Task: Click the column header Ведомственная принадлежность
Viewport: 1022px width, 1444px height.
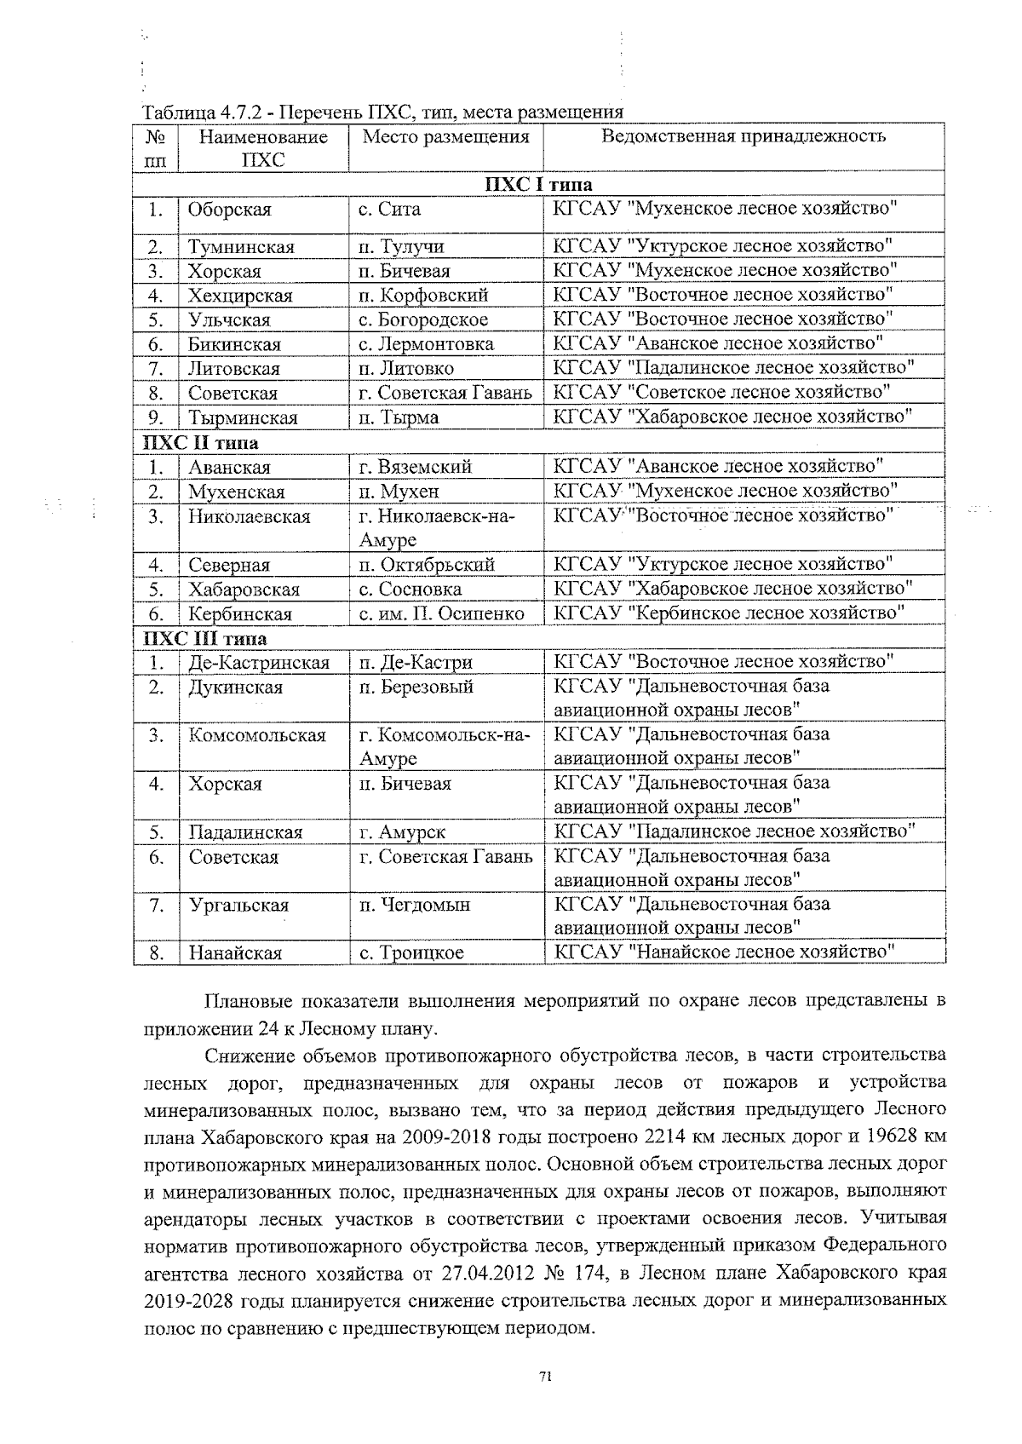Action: pos(744,136)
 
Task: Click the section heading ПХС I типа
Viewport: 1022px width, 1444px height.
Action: pos(538,185)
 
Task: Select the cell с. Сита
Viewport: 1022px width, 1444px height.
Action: pos(389,210)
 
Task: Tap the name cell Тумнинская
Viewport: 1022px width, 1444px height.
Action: pos(241,247)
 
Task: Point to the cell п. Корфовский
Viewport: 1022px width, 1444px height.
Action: pos(423,296)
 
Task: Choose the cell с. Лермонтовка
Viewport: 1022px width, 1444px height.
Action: pos(426,344)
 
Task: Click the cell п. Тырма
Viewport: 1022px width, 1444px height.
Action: pos(399,417)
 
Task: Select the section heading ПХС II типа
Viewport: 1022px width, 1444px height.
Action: pos(201,443)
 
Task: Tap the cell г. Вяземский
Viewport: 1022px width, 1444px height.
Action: pos(415,467)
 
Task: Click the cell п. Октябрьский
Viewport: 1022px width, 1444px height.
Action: pos(427,565)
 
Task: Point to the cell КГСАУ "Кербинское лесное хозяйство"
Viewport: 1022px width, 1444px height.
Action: pos(729,613)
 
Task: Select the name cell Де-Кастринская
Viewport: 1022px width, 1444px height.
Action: pos(259,663)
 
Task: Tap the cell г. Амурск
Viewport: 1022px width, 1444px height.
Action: pos(402,832)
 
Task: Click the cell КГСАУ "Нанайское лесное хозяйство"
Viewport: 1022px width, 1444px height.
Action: pos(724,952)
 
